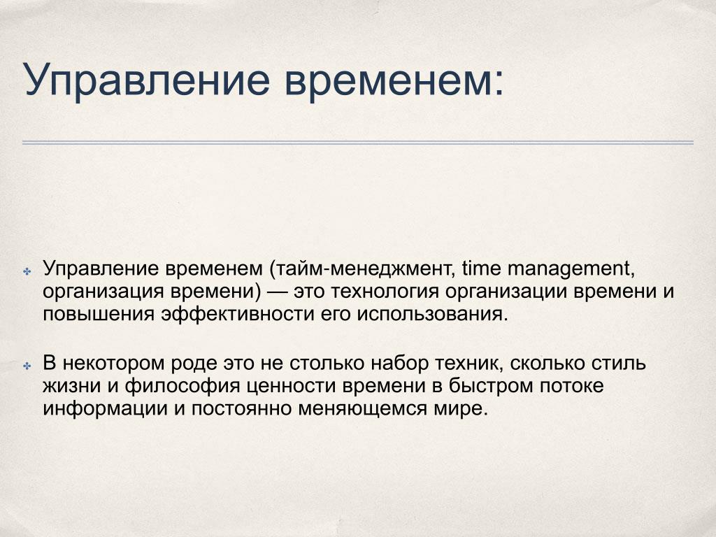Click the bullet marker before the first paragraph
click(27, 272)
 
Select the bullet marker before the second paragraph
click(27, 366)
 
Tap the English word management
click(571, 269)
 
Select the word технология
click(385, 292)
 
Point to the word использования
click(432, 314)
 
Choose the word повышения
click(98, 315)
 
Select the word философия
click(182, 386)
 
